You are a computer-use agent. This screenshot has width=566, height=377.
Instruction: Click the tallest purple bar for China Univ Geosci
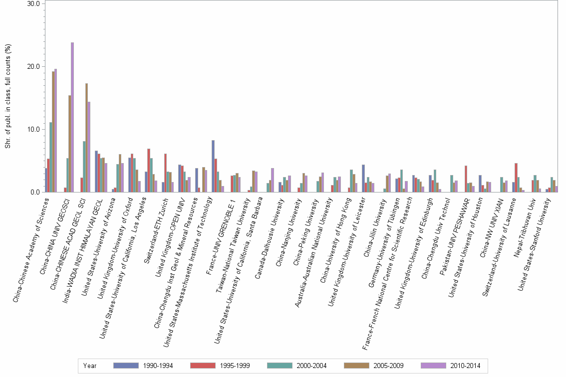[x=72, y=117]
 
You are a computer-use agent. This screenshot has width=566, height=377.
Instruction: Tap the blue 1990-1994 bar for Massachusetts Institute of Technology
[x=213, y=166]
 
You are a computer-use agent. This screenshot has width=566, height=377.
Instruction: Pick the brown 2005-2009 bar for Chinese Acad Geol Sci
[x=87, y=138]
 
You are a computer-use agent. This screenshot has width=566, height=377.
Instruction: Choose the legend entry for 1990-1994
[x=145, y=366]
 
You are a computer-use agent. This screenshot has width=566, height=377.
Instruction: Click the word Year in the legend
[x=90, y=366]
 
